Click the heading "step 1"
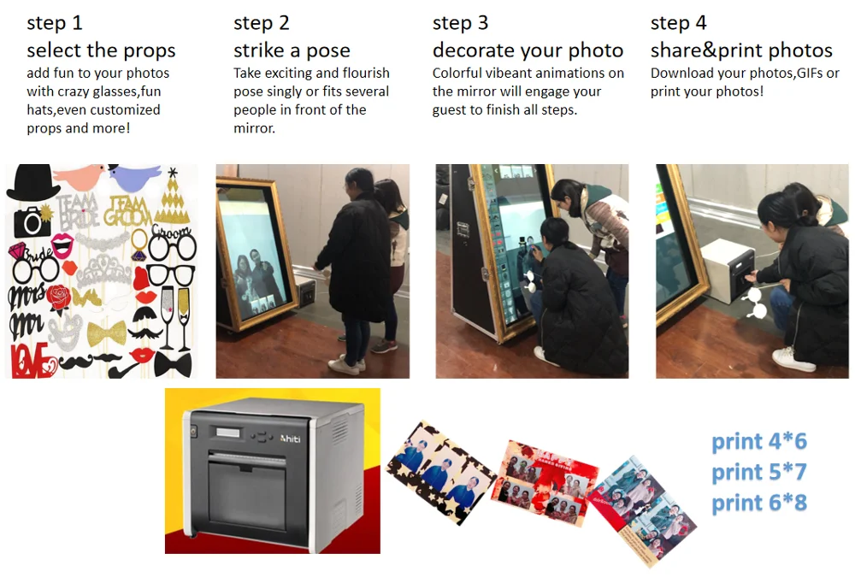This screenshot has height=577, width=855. tap(55, 23)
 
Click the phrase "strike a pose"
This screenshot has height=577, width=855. tap(292, 50)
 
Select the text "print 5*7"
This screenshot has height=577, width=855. tap(759, 472)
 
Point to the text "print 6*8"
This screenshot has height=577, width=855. tap(759, 503)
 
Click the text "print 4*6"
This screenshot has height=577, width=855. tap(759, 441)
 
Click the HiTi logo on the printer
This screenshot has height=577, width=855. tap(290, 439)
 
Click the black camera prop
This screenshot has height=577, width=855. tap(32, 221)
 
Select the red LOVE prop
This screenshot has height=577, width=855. tap(32, 361)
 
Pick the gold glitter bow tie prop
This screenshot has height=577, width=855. tap(107, 333)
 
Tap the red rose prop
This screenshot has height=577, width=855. tap(58, 299)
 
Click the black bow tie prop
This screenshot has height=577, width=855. tap(173, 364)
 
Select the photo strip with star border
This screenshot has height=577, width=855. tap(440, 474)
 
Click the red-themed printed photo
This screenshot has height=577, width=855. tap(544, 483)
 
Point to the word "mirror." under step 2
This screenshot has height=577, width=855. tap(255, 128)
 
